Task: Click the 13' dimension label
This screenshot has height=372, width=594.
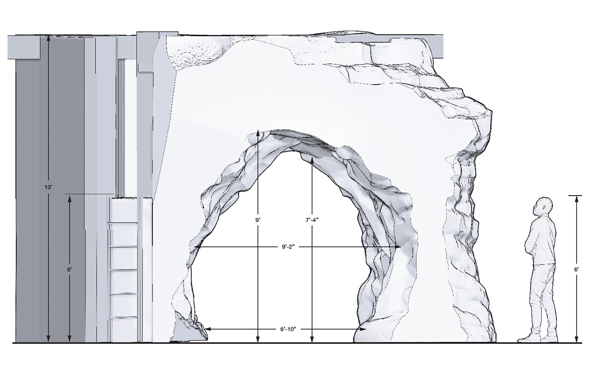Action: tap(49, 187)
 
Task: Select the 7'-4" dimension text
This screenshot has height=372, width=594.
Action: tap(312, 220)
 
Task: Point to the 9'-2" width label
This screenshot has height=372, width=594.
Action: tap(288, 247)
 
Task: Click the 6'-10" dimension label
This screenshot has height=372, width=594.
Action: tap(288, 329)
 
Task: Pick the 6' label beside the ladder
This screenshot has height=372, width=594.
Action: tap(70, 269)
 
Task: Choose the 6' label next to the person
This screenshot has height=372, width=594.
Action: tap(577, 269)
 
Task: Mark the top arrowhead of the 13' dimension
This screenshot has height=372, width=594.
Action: tap(49, 39)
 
